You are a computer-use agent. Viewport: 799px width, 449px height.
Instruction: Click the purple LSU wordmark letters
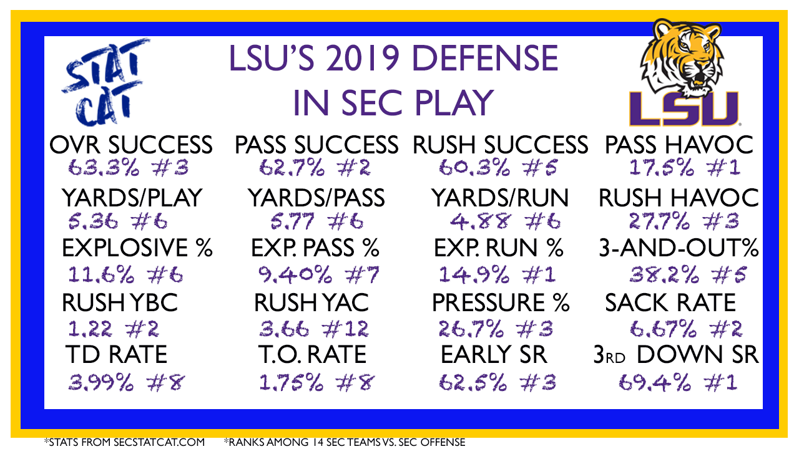(684, 109)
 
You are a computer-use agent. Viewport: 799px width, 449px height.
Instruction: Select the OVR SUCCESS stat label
(131, 145)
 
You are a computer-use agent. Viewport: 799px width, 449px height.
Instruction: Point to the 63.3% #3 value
(129, 168)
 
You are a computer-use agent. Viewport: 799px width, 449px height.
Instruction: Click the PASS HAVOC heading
(679, 145)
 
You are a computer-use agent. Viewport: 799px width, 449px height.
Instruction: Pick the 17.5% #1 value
(685, 168)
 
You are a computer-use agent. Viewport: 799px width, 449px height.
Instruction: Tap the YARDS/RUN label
(500, 198)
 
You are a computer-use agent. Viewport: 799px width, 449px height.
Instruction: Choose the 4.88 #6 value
(505, 221)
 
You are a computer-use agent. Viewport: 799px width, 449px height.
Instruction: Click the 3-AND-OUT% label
(679, 248)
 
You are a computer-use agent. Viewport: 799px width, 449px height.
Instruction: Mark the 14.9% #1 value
(497, 275)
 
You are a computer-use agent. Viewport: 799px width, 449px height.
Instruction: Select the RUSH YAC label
(311, 302)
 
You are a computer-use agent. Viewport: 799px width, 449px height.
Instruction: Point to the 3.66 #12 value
(314, 329)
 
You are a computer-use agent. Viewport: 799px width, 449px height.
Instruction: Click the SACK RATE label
(670, 302)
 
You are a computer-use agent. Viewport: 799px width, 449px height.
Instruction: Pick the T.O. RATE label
(313, 355)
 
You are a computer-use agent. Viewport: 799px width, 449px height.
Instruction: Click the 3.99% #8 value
(126, 383)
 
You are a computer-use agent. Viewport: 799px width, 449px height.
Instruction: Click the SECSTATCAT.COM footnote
(124, 442)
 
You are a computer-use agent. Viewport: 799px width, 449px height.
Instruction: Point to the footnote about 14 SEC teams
(345, 442)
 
